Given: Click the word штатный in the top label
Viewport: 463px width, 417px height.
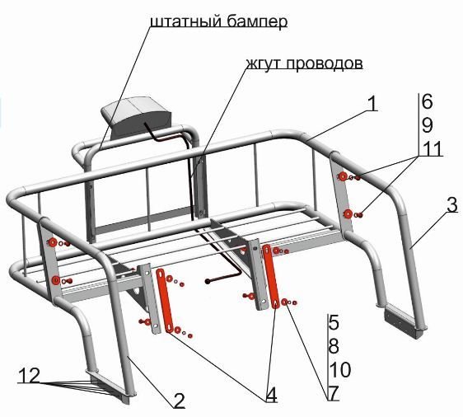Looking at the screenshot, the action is pos(185,21).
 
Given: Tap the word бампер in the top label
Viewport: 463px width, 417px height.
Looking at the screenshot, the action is pos(255,22).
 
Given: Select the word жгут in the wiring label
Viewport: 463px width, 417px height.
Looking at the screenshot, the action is pos(263,63).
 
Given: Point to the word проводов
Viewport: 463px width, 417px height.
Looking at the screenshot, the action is pos(323,63).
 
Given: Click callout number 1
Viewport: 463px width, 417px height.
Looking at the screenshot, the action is pos(373,104).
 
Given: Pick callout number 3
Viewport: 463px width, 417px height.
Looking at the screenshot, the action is pos(452,204).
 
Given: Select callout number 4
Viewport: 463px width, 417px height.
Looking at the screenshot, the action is pos(271,395).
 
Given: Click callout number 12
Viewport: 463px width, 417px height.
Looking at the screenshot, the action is pos(29,376).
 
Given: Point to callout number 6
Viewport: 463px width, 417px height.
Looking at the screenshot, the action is pos(427,101).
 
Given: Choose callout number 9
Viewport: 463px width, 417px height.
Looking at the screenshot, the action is pos(427,125).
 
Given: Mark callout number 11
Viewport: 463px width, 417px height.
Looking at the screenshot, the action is pos(432,148).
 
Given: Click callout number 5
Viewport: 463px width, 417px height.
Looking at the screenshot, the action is pos(334,322).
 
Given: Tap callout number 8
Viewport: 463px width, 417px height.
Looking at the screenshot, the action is pos(334,346).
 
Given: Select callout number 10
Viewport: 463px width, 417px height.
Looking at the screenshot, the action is pos(340,369).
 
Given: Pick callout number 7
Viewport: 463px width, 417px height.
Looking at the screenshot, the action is pos(334,393).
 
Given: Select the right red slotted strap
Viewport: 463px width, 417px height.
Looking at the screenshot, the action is pos(270,276).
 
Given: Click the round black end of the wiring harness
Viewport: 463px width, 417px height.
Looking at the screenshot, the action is pos(208,282).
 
